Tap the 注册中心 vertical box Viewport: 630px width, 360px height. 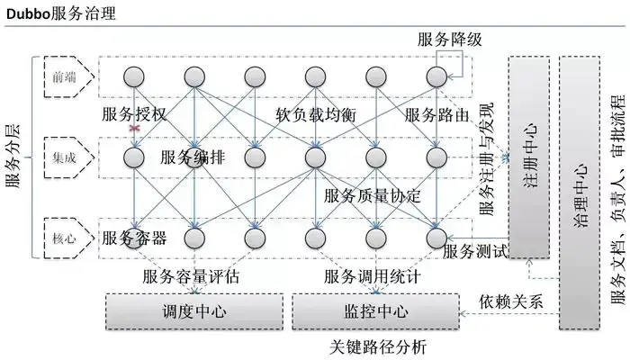pyautogui.click(x=528, y=157)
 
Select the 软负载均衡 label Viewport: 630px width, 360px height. pyautogui.click(x=315, y=115)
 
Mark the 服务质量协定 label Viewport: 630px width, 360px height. pyautogui.click(x=372, y=195)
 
